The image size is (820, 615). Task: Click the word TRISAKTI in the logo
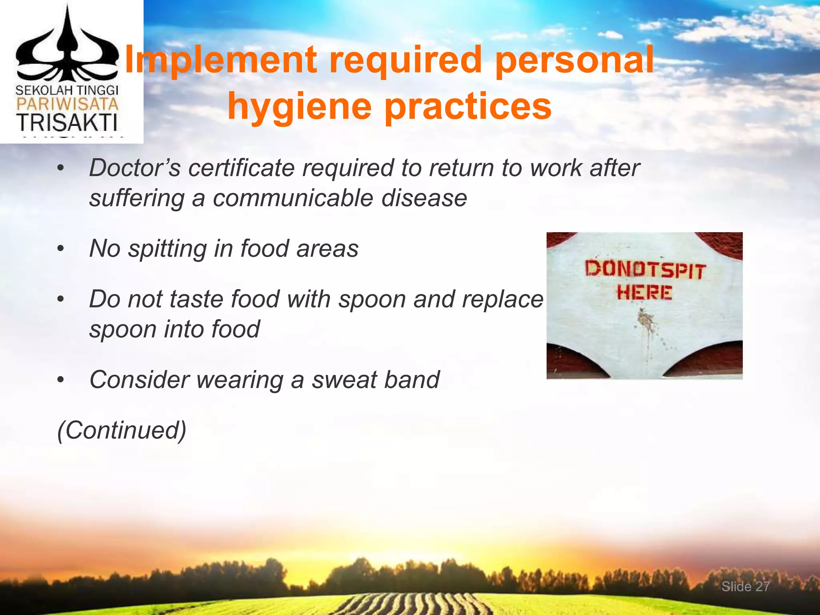pos(67,123)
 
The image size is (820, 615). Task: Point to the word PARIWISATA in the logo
pos(67,105)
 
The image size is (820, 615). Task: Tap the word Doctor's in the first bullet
pos(135,168)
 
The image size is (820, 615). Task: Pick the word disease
pos(424,198)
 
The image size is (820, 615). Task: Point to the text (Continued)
pos(122,430)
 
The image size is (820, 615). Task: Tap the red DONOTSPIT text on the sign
pos(644,269)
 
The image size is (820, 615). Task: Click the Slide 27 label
pos(746,587)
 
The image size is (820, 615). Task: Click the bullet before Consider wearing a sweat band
pos(60,380)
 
